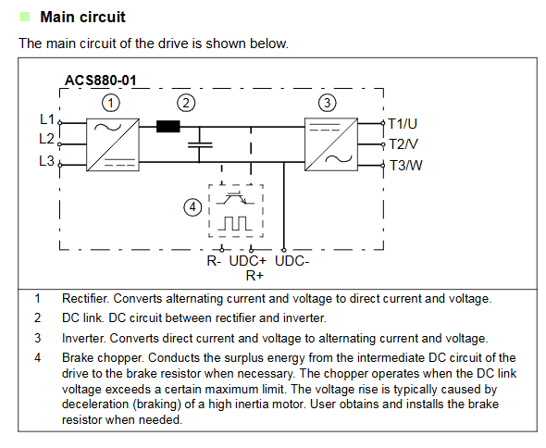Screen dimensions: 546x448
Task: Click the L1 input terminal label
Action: (x=47, y=119)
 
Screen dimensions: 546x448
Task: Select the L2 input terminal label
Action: (x=46, y=139)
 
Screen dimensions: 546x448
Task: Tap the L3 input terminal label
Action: (x=46, y=161)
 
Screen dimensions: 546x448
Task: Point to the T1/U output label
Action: (x=403, y=124)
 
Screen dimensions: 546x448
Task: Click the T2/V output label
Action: (x=403, y=144)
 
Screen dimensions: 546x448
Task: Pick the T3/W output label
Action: (x=405, y=165)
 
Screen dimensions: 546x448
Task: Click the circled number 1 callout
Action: (x=111, y=103)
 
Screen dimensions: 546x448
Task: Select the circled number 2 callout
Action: (x=186, y=103)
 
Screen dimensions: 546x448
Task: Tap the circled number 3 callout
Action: (x=328, y=103)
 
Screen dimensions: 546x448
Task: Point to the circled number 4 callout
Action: (x=192, y=207)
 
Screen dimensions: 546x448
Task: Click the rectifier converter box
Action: (x=113, y=144)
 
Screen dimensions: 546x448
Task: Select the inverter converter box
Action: (x=331, y=144)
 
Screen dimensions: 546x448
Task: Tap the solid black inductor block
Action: (x=168, y=126)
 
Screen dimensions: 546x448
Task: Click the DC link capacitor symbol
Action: (x=200, y=145)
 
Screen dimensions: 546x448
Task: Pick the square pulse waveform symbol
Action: (x=235, y=223)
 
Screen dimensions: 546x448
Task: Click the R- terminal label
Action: (x=214, y=261)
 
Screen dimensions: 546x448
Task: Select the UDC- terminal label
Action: (x=292, y=261)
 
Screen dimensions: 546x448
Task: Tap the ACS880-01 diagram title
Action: (x=101, y=81)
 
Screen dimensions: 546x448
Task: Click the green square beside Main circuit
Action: (x=24, y=17)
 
